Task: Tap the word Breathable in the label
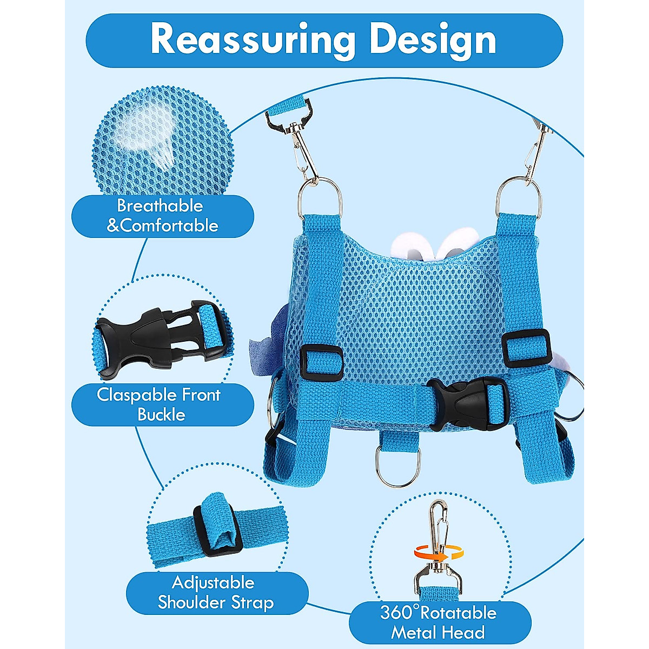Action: tap(160, 206)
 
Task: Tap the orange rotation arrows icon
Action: tap(440, 552)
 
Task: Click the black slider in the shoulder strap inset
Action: tap(215, 525)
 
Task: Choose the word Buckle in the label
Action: tap(161, 415)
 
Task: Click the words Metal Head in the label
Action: tap(438, 632)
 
